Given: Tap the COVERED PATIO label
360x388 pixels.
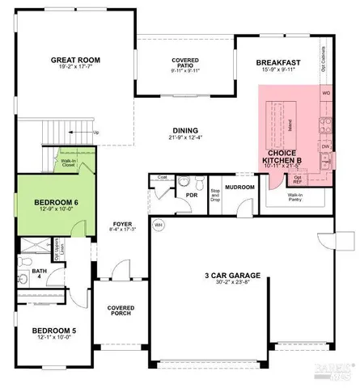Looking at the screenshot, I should click(184, 64).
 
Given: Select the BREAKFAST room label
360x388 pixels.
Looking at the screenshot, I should click(277, 63).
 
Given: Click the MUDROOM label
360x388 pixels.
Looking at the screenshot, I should click(239, 188).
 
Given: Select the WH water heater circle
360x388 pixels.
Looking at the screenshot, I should click(159, 226).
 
